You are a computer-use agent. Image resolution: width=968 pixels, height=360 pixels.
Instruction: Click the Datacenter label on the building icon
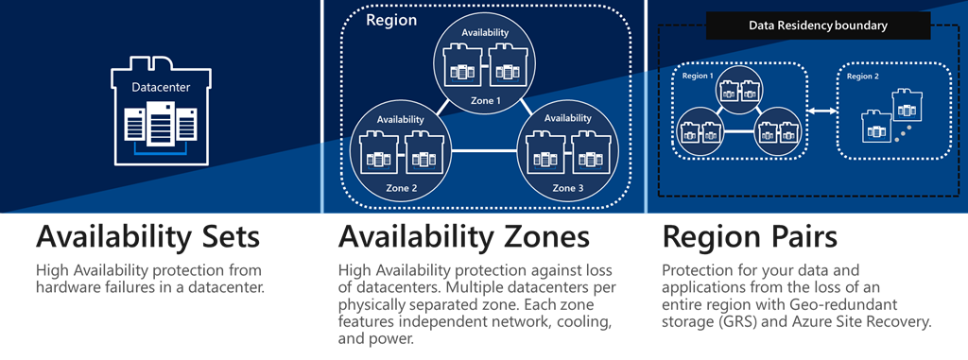[160, 88]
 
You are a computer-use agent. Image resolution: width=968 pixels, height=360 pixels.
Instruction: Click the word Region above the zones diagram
[390, 20]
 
